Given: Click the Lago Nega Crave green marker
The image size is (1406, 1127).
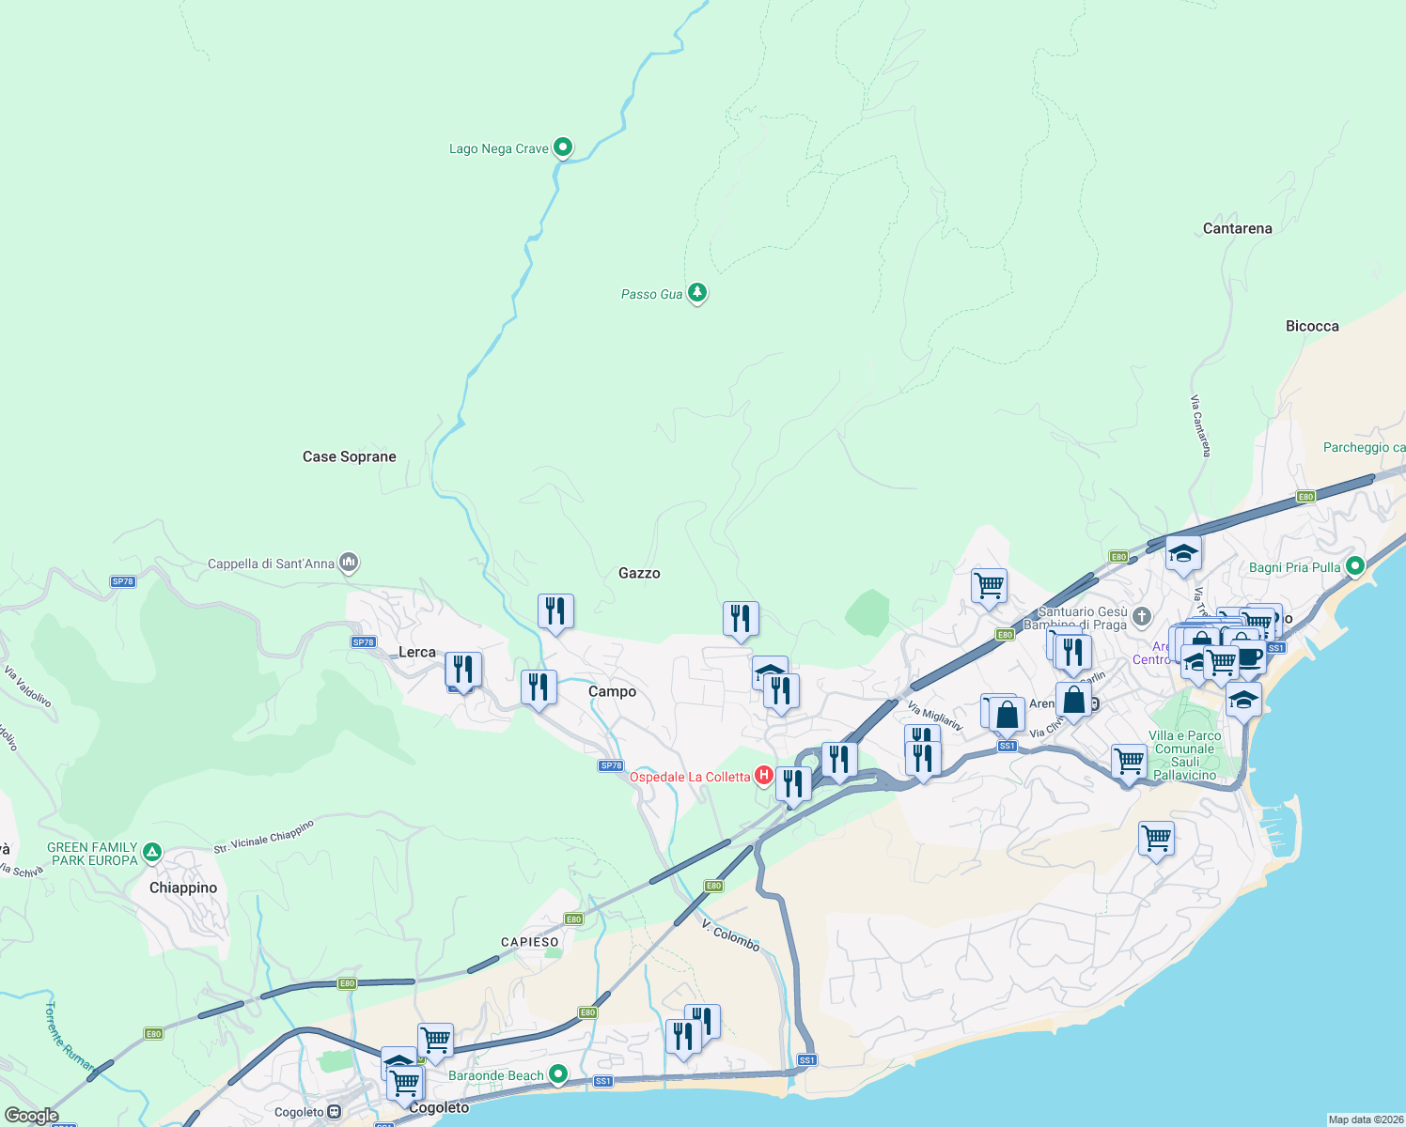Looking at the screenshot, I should [x=562, y=147].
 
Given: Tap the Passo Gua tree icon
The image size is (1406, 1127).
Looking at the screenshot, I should [x=696, y=293].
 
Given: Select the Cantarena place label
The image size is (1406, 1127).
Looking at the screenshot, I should [x=1237, y=228].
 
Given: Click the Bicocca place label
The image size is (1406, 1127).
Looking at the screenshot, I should [x=1311, y=326].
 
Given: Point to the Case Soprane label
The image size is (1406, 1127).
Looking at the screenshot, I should [x=349, y=456].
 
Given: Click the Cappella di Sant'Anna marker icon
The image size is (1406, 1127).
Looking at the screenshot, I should [x=349, y=563].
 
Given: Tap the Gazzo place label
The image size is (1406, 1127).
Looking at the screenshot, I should [x=639, y=573].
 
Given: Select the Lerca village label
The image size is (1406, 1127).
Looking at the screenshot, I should [x=416, y=652].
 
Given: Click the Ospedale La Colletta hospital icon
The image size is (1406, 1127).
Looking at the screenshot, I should [x=764, y=776].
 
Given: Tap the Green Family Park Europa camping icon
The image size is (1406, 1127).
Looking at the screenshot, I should [x=152, y=853].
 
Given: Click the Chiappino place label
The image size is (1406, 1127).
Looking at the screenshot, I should [x=183, y=888].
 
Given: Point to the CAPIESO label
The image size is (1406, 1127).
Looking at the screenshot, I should [x=529, y=942].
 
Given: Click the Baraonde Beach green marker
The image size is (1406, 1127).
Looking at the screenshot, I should [x=558, y=1073].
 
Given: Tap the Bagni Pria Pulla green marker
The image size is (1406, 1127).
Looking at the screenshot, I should [x=1354, y=566].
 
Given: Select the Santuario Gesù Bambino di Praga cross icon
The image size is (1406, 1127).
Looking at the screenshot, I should [x=1141, y=617].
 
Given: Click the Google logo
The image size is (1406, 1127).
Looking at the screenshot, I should [x=31, y=1116].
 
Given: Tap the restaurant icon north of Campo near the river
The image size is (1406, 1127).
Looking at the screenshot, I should [x=555, y=611].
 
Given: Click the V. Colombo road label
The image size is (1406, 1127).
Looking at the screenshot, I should [x=730, y=935].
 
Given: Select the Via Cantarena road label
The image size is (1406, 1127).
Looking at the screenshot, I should [x=1200, y=425].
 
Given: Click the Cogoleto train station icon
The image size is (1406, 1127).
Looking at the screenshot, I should [x=334, y=1112].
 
